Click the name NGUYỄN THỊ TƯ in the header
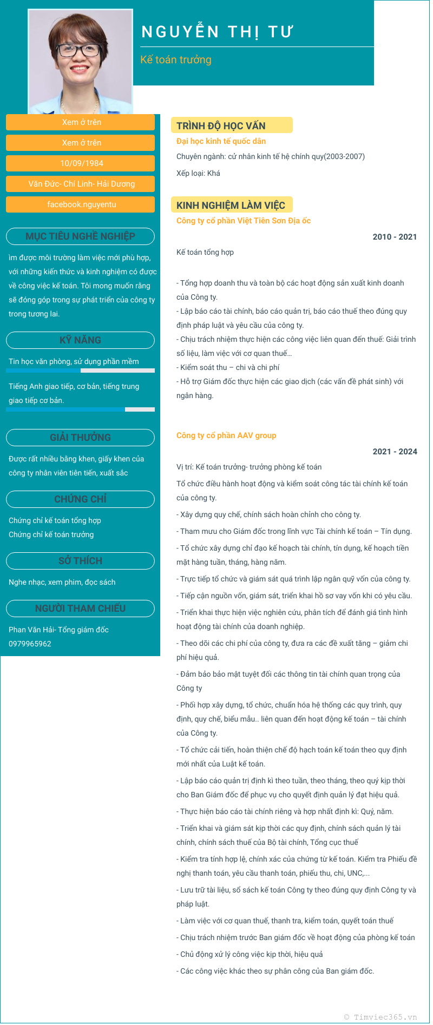pyautogui.click(x=217, y=32)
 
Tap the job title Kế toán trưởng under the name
pyautogui.click(x=176, y=60)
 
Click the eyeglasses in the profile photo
pyautogui.click(x=80, y=50)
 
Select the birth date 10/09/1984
pyautogui.click(x=81, y=163)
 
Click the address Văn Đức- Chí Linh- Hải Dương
pyautogui.click(x=81, y=184)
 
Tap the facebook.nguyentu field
pyautogui.click(x=81, y=204)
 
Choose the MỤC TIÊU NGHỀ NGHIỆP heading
pyautogui.click(x=80, y=236)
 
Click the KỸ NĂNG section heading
pyautogui.click(x=80, y=340)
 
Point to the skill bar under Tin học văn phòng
pyautogui.click(x=80, y=371)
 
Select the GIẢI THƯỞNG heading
pyautogui.click(x=80, y=438)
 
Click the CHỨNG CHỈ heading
pyautogui.click(x=80, y=499)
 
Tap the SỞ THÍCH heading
pyautogui.click(x=80, y=561)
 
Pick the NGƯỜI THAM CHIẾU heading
pyautogui.click(x=80, y=609)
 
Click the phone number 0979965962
pyautogui.click(x=30, y=644)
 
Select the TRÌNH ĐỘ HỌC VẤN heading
pyautogui.click(x=221, y=126)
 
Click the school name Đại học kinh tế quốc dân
pyautogui.click(x=221, y=141)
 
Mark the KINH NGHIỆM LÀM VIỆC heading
pyautogui.click(x=231, y=206)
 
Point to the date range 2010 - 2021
pyautogui.click(x=395, y=237)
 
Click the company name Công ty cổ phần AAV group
pyautogui.click(x=226, y=435)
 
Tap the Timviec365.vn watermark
pyautogui.click(x=380, y=1017)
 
